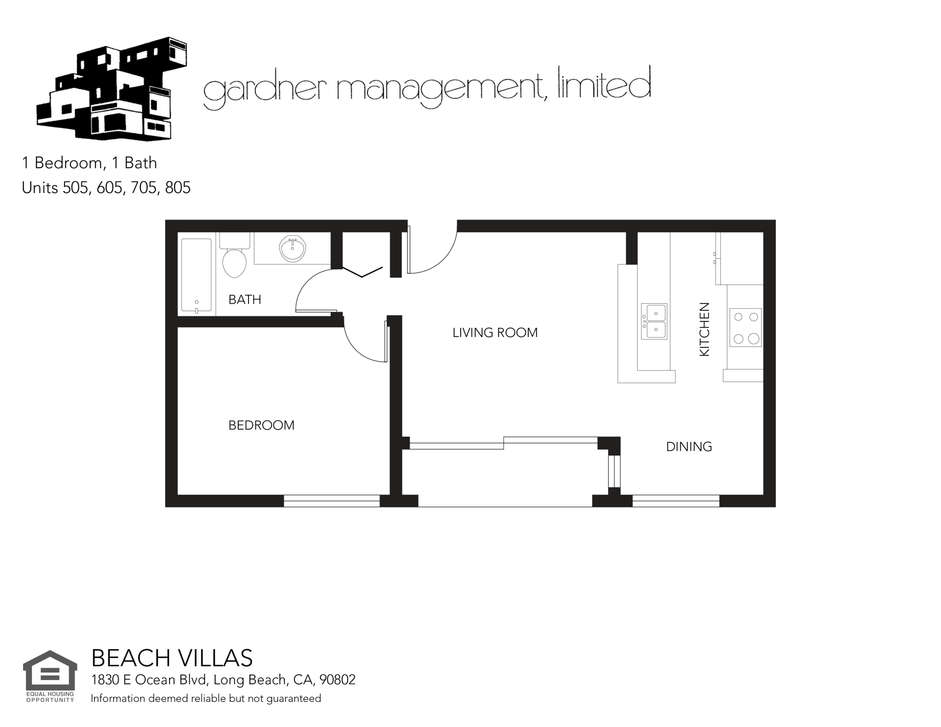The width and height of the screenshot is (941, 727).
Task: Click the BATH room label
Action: pos(245,299)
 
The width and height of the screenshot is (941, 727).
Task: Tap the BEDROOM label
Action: pos(261,425)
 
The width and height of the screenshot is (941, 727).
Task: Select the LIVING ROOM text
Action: pos(495,333)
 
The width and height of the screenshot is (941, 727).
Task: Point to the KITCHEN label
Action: pos(704,329)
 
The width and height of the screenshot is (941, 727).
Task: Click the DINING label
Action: pos(689,447)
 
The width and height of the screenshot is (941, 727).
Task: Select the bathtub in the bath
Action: pos(197,275)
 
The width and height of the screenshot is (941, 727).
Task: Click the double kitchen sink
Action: pos(654,321)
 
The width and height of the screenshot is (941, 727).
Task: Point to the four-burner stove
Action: pos(745,327)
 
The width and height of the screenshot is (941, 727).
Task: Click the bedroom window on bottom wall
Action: pos(332,501)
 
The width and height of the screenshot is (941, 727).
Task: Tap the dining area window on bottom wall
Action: pos(676,501)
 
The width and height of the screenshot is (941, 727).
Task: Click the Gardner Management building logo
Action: pos(112,88)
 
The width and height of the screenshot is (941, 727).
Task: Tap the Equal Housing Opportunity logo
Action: pos(50,677)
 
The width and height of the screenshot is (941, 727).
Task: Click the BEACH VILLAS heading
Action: pos(172,658)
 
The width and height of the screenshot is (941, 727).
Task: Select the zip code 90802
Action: pos(337,680)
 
